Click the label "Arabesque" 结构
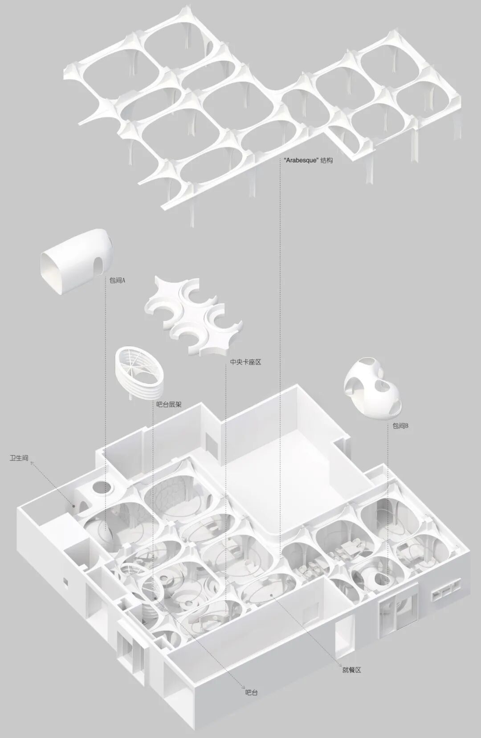308,160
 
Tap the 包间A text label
117,281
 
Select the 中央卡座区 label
245,362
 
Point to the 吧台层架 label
169,404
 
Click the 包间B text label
400,426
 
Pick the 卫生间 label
19,458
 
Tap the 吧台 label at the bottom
251,705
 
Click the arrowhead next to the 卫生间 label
33,463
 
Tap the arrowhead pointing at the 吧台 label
242,698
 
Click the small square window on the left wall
65,581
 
